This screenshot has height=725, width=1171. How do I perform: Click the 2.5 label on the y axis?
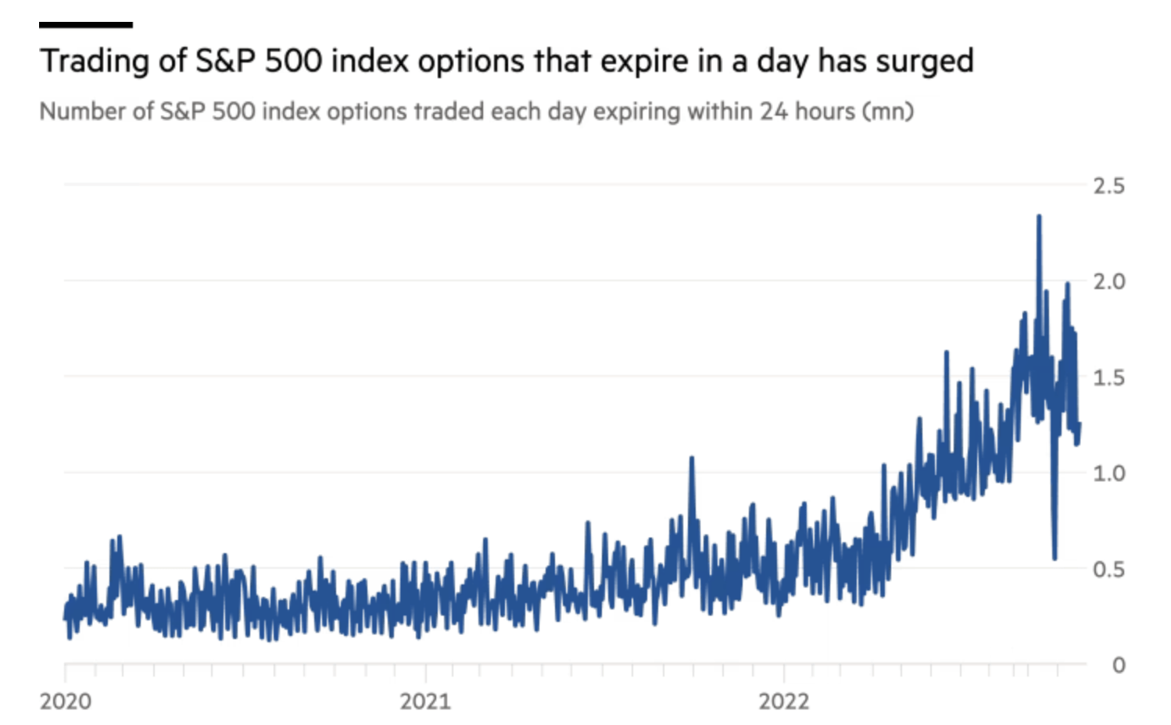tap(1108, 186)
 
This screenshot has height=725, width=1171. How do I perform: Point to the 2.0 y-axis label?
tap(1108, 282)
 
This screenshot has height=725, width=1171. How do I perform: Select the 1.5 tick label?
tap(1108, 378)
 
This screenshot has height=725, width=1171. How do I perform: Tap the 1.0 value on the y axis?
tap(1108, 473)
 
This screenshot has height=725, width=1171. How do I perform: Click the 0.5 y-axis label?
tap(1108, 570)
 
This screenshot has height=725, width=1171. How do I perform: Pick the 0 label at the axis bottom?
tap(1118, 665)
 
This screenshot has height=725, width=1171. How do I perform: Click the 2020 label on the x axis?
tap(66, 701)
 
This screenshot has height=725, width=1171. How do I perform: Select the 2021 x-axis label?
tap(425, 701)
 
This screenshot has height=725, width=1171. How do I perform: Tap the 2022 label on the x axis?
tap(784, 701)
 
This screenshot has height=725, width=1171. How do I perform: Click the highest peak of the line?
tap(1039, 217)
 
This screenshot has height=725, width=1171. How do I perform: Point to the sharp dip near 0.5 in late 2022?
tap(1055, 557)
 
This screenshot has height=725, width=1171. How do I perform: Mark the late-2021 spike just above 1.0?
tap(692, 459)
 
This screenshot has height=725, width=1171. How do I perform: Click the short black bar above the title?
tap(86, 25)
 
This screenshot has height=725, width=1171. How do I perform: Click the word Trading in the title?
tap(94, 61)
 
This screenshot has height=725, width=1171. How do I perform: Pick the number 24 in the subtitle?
tap(773, 112)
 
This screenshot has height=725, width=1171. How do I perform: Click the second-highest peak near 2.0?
tap(1068, 284)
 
